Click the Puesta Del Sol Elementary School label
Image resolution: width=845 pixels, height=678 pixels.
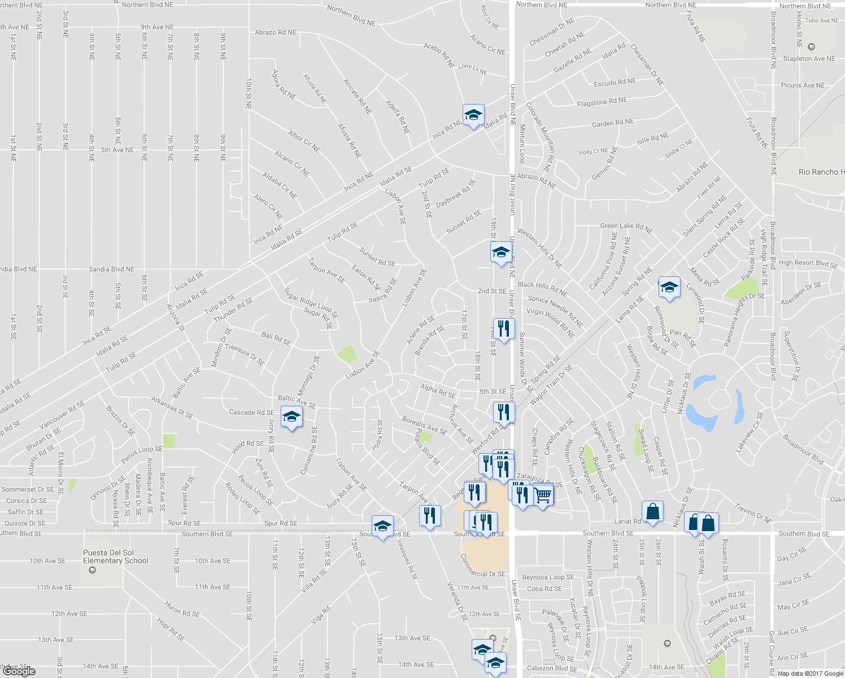click(116, 557)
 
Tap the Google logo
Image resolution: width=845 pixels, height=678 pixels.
click(19, 671)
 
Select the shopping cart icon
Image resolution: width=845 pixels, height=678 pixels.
click(543, 496)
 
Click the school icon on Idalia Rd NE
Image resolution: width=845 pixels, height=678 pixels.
click(473, 115)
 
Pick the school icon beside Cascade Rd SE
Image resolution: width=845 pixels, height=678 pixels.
click(291, 418)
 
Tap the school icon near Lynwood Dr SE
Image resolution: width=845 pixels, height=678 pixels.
click(669, 288)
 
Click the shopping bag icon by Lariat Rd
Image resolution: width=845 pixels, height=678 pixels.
click(652, 512)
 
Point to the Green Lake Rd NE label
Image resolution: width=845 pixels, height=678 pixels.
click(626, 228)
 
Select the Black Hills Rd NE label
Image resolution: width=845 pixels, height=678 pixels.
click(542, 289)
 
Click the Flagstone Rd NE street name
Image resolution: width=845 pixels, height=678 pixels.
click(602, 102)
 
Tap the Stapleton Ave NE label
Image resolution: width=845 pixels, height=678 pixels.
click(809, 59)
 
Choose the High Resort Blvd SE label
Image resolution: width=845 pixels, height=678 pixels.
click(808, 263)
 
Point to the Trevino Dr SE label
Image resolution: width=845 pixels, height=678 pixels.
click(753, 513)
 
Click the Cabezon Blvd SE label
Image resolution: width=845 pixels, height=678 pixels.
click(552, 668)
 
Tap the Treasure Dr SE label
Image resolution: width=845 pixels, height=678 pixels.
click(245, 355)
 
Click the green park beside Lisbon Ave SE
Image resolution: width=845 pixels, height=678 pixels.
click(347, 354)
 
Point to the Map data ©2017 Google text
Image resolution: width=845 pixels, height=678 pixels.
click(810, 673)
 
